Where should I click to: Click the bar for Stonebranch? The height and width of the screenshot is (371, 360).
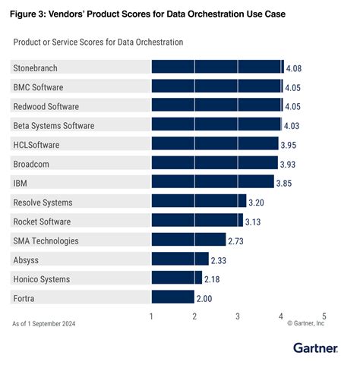(217, 68)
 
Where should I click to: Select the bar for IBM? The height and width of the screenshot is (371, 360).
(213, 182)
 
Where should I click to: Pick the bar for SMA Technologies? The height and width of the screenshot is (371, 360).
(189, 240)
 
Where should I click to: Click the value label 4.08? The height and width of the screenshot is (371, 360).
(293, 68)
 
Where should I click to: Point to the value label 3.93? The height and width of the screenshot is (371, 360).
(288, 164)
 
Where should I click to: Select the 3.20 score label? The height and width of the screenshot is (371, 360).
(257, 203)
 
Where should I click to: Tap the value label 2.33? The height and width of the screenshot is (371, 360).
(220, 259)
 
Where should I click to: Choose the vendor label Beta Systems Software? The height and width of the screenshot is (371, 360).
(53, 125)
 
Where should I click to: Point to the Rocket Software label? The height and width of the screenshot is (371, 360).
(42, 221)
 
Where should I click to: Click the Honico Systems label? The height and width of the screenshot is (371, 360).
(41, 278)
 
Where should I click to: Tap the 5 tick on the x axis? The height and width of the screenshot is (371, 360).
(324, 316)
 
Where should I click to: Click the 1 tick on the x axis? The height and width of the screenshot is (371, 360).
(152, 316)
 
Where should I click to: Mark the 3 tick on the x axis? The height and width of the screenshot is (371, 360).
(238, 316)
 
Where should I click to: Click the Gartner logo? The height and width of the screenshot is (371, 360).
(319, 347)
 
